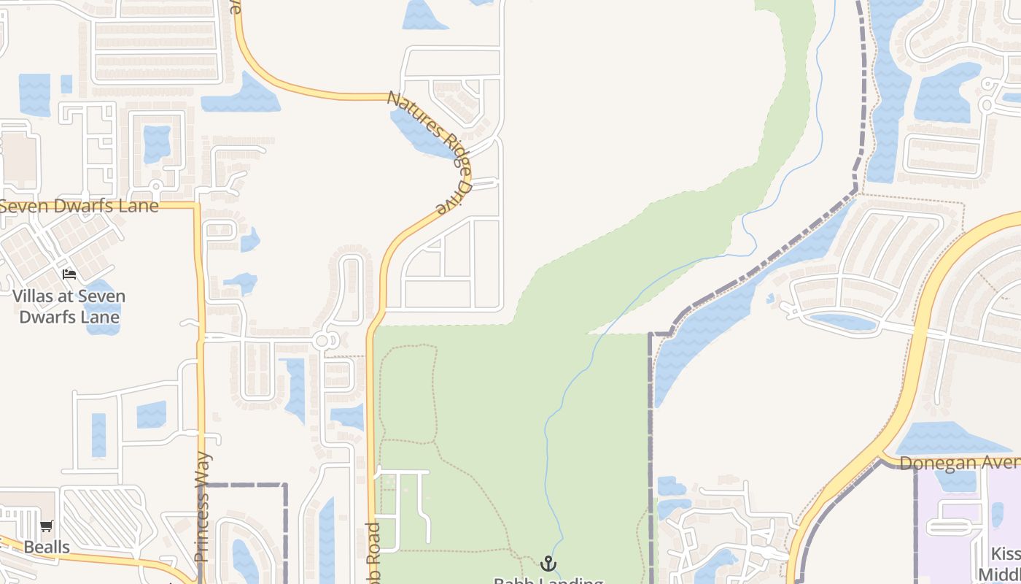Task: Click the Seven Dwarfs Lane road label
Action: point(79,206)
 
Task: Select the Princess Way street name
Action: point(202,507)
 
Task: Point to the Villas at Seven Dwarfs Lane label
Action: point(69,307)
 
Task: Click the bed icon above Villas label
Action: point(69,274)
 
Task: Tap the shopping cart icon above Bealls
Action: point(47,526)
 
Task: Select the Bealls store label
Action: point(47,547)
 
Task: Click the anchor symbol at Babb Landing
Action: point(548,564)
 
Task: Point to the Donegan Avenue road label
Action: point(959,464)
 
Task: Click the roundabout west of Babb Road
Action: point(323,340)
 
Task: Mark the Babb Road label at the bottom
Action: point(373,553)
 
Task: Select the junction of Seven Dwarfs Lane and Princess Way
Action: point(198,206)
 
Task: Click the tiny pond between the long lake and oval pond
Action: point(771,298)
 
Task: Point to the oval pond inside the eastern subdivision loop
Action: point(842,320)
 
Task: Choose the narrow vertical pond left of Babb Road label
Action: point(327,540)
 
